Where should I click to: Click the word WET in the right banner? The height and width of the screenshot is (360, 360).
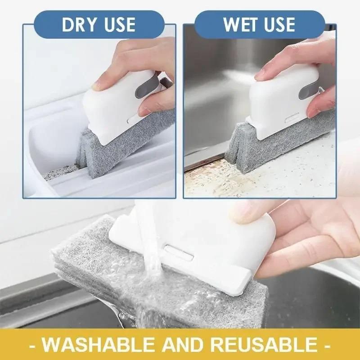pyautogui.click(x=239, y=25)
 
